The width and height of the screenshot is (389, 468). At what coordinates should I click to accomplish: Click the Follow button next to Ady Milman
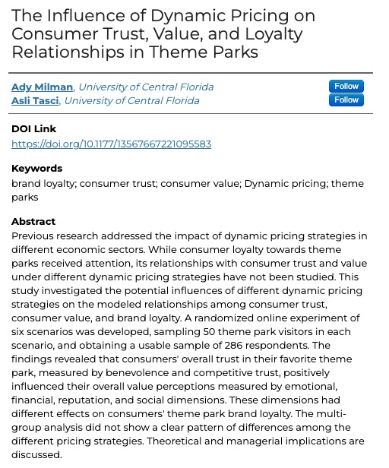(x=346, y=86)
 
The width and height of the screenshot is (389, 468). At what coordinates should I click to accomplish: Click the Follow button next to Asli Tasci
(x=346, y=100)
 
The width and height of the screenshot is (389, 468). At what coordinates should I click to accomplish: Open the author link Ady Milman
(x=42, y=87)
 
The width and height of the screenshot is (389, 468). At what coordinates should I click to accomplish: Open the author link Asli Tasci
(x=35, y=100)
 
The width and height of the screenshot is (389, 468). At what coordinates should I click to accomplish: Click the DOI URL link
(x=111, y=144)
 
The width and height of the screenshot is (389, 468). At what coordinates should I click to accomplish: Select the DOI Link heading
(x=33, y=129)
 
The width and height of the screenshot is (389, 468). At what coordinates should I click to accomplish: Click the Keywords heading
(x=36, y=169)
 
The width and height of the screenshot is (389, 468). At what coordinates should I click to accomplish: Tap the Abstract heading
(x=33, y=222)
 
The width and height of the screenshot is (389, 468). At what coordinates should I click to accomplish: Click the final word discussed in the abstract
(x=36, y=454)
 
